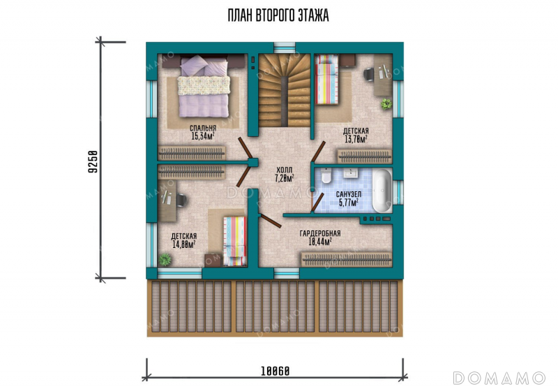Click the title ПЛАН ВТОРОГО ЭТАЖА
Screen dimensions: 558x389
pyautogui.click(x=278, y=15)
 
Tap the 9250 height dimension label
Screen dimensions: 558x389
pyautogui.click(x=93, y=162)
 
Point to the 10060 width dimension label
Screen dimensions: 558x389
pyautogui.click(x=275, y=371)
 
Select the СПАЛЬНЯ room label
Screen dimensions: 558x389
pyautogui.click(x=203, y=129)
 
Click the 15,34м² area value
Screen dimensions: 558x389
pyautogui.click(x=203, y=135)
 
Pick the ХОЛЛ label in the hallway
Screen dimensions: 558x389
pyautogui.click(x=285, y=170)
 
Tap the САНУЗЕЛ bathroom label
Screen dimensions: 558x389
pyautogui.click(x=349, y=194)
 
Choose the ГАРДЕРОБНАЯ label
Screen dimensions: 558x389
pyautogui.click(x=320, y=234)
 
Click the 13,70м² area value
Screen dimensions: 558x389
pyautogui.click(x=356, y=138)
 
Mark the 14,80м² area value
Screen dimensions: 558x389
pyautogui.click(x=184, y=244)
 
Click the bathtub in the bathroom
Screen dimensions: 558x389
pyautogui.click(x=382, y=190)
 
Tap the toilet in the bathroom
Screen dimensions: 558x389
pyautogui.click(x=326, y=175)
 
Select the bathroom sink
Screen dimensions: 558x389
pyautogui.click(x=351, y=173)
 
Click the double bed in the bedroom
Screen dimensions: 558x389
pyautogui.click(x=204, y=86)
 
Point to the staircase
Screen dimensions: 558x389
pyautogui.click(x=284, y=90)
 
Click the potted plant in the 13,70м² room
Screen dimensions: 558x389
pyautogui.click(x=386, y=104)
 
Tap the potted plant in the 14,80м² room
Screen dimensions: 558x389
pyautogui.click(x=165, y=259)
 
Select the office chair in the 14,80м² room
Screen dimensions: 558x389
pyautogui.click(x=181, y=200)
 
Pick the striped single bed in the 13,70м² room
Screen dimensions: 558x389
pyautogui.click(x=326, y=79)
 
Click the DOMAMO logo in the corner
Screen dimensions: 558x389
pyautogui.click(x=499, y=378)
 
